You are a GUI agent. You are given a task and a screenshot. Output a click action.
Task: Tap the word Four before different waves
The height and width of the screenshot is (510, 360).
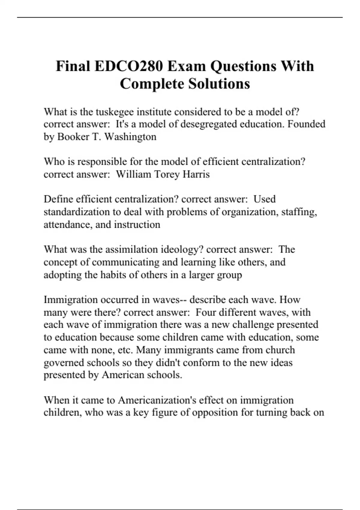(206, 312)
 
